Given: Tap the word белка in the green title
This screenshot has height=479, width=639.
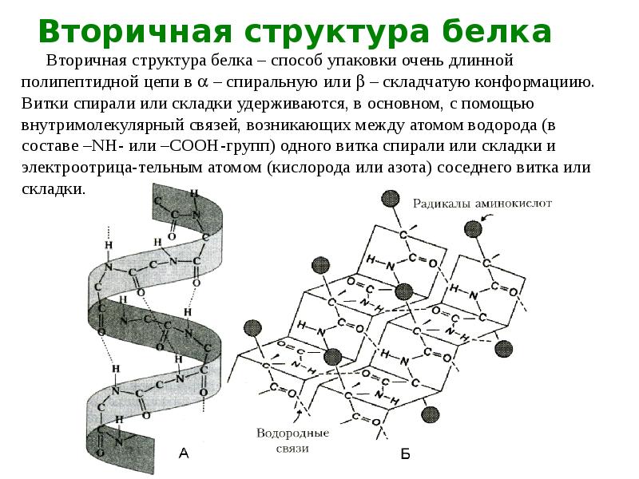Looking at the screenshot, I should click(x=497, y=31).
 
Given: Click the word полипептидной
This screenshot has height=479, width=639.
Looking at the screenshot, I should click(x=86, y=82).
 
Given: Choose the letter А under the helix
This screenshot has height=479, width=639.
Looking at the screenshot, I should click(x=184, y=453).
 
